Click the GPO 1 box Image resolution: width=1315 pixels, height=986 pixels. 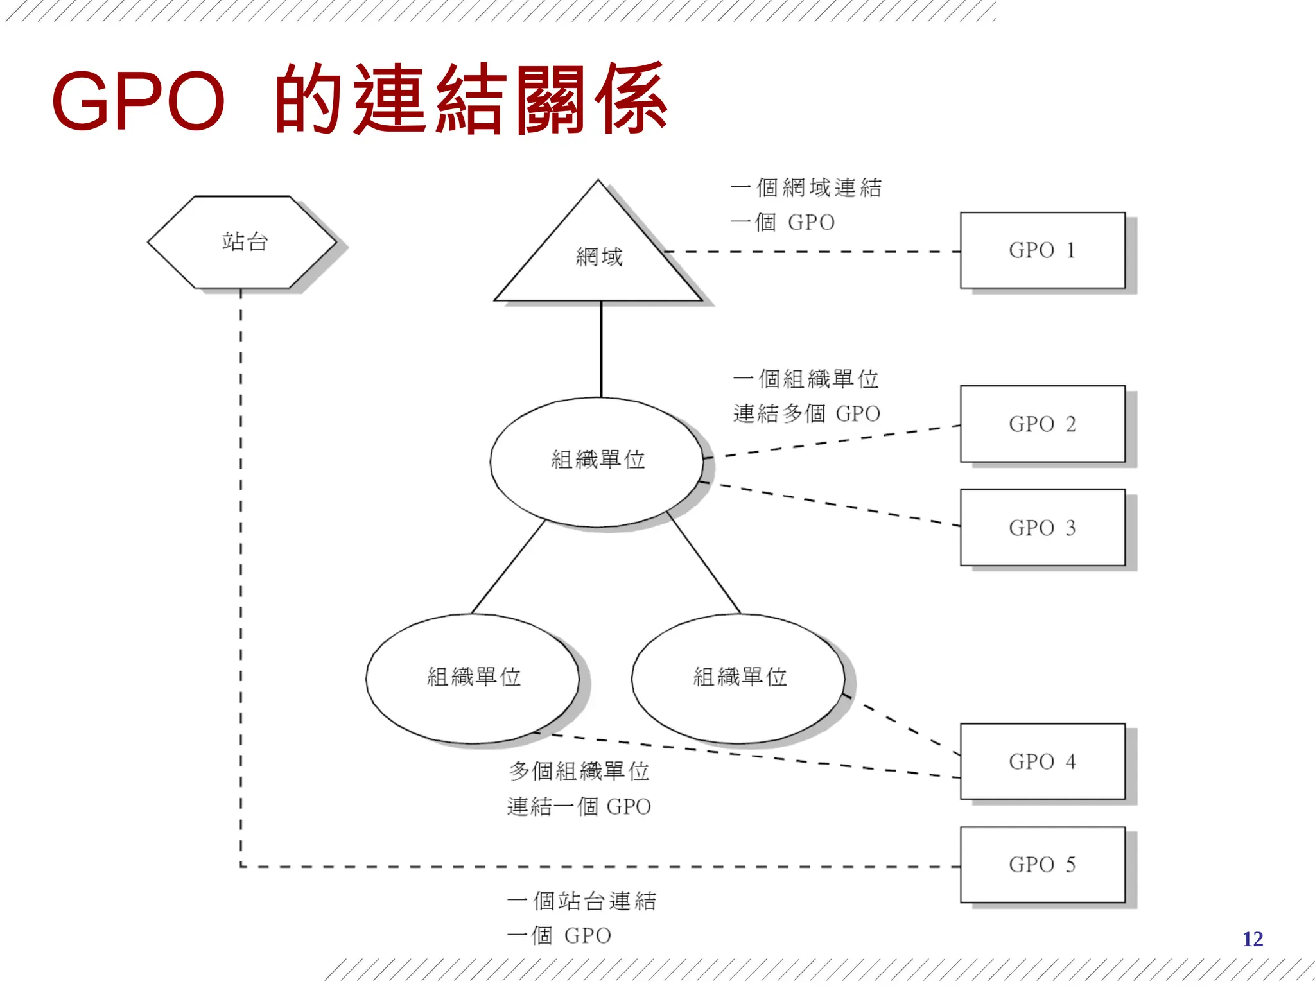pos(1042,250)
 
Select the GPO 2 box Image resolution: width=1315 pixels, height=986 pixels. pos(1042,424)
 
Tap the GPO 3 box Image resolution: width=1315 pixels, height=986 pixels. pos(1042,527)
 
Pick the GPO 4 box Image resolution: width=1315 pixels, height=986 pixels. pos(1042,761)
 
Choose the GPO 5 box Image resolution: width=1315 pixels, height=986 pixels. pos(1042,864)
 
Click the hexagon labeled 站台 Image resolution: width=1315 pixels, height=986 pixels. pos(243,242)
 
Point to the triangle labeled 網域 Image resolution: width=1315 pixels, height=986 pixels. pos(598,257)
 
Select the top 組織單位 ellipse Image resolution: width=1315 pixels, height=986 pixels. pos(597,460)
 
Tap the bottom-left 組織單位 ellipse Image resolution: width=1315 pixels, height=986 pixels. pos(473,677)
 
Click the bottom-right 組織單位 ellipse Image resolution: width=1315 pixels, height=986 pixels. pos(739,677)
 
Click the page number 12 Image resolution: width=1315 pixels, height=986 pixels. pos(1252,939)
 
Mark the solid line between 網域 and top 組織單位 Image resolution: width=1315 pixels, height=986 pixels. pos(601,350)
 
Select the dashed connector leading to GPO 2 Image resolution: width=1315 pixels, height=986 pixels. pos(835,442)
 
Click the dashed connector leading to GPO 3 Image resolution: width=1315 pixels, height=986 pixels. pos(835,505)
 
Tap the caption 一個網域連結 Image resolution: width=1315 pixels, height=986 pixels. pos(806,187)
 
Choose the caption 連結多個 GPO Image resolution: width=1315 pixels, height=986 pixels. pos(806,414)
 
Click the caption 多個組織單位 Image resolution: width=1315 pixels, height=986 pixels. pos(579,771)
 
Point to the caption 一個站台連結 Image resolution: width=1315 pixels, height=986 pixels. pos(582,901)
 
